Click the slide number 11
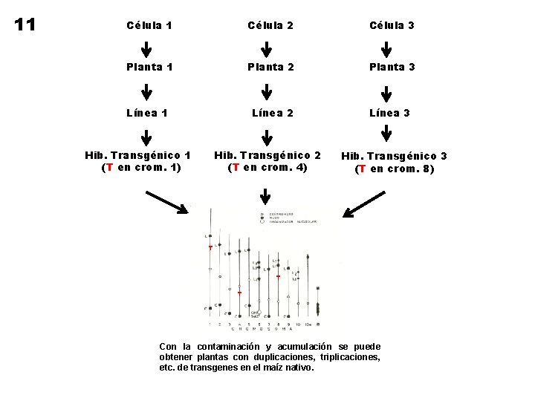[x=26, y=24]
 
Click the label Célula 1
[x=147, y=25]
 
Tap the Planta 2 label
[x=267, y=67]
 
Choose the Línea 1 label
[x=147, y=113]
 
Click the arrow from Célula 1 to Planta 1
[x=147, y=48]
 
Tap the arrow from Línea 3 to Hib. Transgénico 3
[x=387, y=133]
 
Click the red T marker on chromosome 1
[x=210, y=247]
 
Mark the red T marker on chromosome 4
[x=239, y=293]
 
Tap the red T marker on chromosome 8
[x=278, y=276]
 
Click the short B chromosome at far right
[x=319, y=304]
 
